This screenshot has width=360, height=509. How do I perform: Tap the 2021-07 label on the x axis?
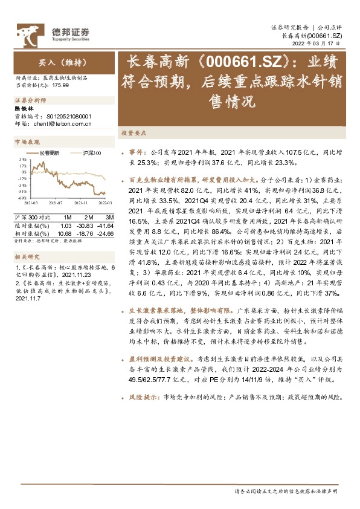56,203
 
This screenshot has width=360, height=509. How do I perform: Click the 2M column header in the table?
89,217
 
